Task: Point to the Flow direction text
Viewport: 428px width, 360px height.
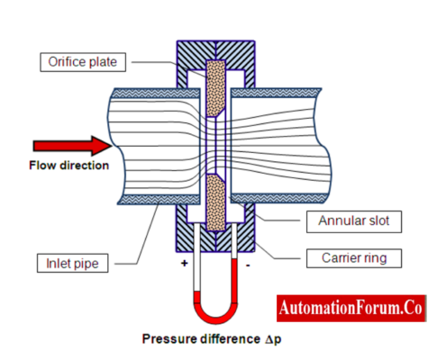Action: tap(69, 165)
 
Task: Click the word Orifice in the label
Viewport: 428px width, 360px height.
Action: tap(63, 62)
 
